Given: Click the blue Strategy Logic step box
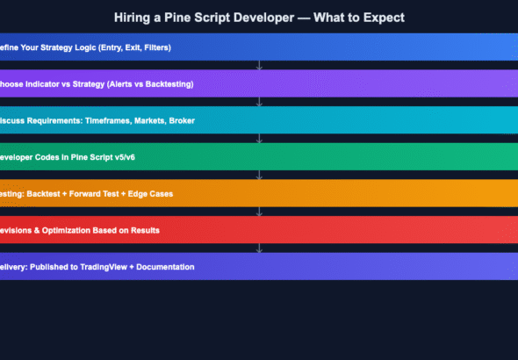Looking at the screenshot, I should [x=259, y=47].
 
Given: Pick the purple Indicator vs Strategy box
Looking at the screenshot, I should [x=259, y=83].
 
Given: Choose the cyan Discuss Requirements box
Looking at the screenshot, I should [x=259, y=120].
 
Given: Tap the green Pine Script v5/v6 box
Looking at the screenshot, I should [x=259, y=156].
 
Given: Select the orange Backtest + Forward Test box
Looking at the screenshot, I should [x=259, y=193].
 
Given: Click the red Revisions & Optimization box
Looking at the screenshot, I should [x=259, y=229].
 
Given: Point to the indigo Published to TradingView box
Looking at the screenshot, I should [x=259, y=266].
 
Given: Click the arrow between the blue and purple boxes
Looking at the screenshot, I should [x=259, y=66].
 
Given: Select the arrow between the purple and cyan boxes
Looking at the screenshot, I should [x=259, y=102].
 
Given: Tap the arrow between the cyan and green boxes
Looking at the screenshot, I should [x=259, y=139].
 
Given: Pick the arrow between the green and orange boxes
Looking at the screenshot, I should [x=259, y=175].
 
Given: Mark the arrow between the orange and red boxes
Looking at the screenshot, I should [x=259, y=212].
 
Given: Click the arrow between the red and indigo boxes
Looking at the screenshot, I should [x=259, y=248].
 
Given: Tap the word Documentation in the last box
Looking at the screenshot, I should [x=161, y=266].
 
